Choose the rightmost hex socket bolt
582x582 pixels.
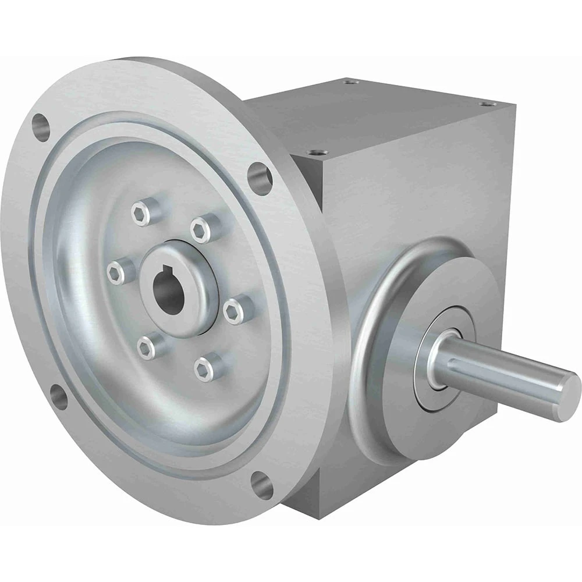coord(234,310)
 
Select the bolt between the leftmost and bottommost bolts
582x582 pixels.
coord(147,347)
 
